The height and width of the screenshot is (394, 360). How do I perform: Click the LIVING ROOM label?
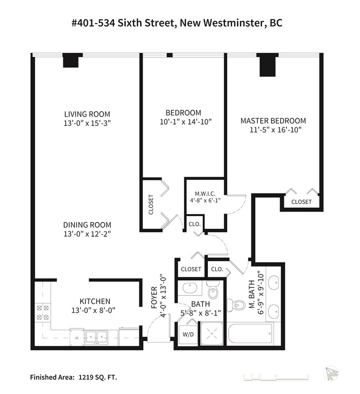[x=87, y=114]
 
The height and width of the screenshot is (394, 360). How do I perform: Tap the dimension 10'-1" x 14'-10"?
[x=186, y=122]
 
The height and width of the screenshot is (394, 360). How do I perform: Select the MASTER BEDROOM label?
[x=273, y=121]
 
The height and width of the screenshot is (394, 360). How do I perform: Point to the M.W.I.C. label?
[x=205, y=194]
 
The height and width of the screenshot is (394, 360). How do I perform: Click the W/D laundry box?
[x=188, y=335]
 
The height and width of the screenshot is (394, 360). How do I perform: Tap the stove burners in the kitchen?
[x=42, y=312]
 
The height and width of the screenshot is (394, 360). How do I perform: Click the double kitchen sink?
[x=97, y=337]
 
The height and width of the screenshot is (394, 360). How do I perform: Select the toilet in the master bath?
[x=236, y=306]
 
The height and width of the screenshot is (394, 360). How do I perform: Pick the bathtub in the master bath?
[x=250, y=334]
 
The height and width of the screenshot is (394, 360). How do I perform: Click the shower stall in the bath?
[x=212, y=334]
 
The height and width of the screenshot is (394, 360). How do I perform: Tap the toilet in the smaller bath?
[x=213, y=291]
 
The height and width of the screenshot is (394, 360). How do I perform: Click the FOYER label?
[x=154, y=297]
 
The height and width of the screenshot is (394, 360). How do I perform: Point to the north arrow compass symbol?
[x=331, y=374]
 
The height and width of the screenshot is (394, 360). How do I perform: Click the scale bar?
[x=276, y=378]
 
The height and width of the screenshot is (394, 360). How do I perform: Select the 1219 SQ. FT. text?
[x=98, y=377]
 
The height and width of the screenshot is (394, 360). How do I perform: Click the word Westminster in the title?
[x=234, y=23]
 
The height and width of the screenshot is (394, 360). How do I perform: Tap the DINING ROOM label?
[x=87, y=225]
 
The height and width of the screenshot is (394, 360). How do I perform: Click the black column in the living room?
[x=71, y=60]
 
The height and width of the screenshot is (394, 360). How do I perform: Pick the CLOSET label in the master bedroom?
[x=302, y=202]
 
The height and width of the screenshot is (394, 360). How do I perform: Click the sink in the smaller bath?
[x=190, y=288]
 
